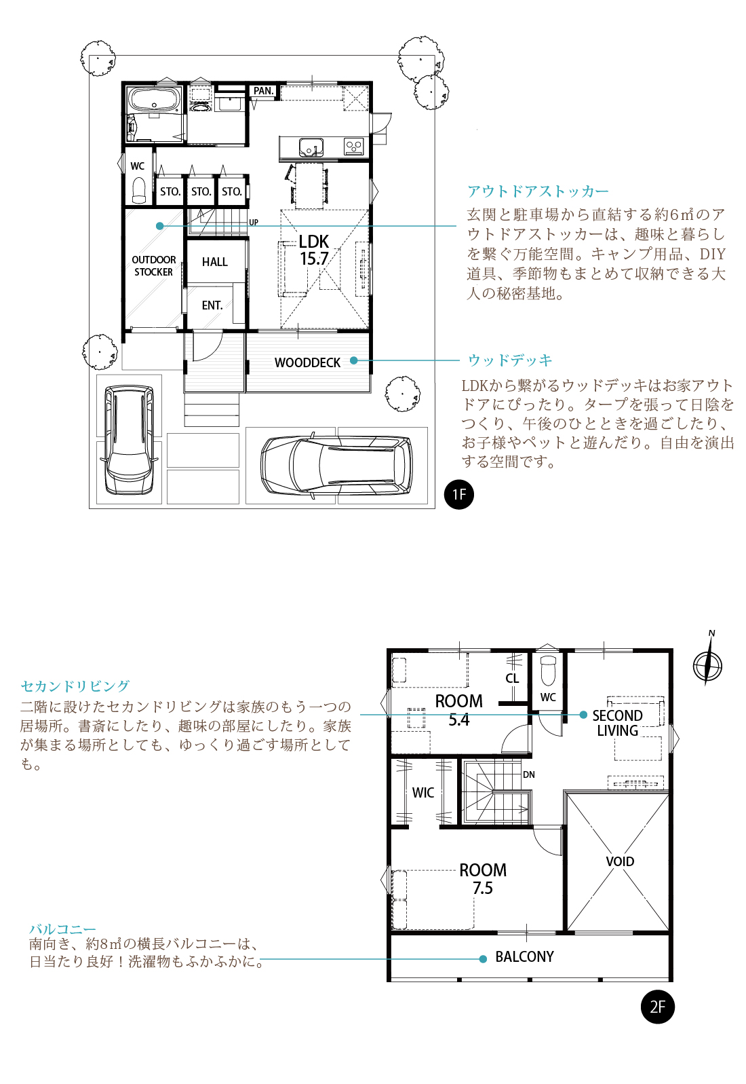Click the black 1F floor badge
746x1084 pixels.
pyautogui.click(x=459, y=495)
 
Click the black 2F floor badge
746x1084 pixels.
pyautogui.click(x=658, y=1007)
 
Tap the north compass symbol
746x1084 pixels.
pyautogui.click(x=708, y=661)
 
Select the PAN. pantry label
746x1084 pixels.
pyautogui.click(x=264, y=91)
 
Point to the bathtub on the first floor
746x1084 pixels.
pyautogui.click(x=154, y=100)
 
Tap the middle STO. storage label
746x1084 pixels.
pyautogui.click(x=201, y=191)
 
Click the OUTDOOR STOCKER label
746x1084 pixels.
pyautogui.click(x=154, y=265)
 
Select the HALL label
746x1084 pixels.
pyautogui.click(x=215, y=262)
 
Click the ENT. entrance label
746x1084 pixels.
pyautogui.click(x=212, y=305)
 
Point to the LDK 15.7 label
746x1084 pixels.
pyautogui.click(x=314, y=250)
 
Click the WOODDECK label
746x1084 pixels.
pyautogui.click(x=307, y=362)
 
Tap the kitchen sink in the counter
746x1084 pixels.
pyautogui.click(x=311, y=147)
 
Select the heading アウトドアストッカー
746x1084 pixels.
pyautogui.click(x=538, y=191)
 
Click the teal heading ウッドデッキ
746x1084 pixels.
pyautogui.click(x=510, y=360)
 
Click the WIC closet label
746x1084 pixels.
pyautogui.click(x=423, y=793)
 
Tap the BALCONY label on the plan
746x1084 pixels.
pyautogui.click(x=524, y=956)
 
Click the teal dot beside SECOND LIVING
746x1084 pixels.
pyautogui.click(x=583, y=714)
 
